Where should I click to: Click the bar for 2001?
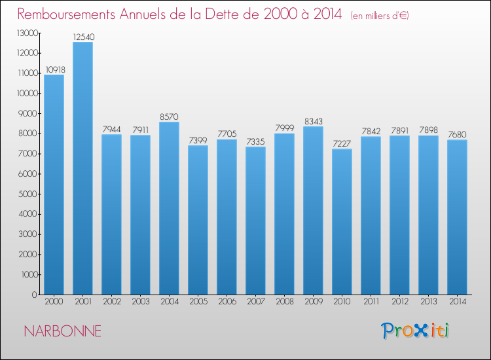[82, 168]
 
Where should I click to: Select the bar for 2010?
[342, 222]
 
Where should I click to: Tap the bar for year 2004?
[169, 208]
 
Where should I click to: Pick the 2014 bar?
[457, 217]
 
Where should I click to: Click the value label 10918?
[55, 69]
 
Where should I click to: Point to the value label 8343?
[314, 121]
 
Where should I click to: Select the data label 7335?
[255, 141]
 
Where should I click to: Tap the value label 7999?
[285, 128]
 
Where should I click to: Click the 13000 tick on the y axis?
[27, 33]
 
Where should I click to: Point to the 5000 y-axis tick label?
[28, 194]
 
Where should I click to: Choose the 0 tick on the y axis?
[35, 295]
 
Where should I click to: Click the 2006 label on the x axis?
[227, 302]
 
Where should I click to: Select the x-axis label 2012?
[400, 302]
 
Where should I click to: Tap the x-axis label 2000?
[54, 302]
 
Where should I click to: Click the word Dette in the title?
[227, 14]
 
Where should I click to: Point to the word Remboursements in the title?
[66, 14]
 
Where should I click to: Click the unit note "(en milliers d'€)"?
[380, 16]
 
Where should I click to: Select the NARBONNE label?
[63, 331]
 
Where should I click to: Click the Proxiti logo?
[414, 331]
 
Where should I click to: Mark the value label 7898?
[428, 130]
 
